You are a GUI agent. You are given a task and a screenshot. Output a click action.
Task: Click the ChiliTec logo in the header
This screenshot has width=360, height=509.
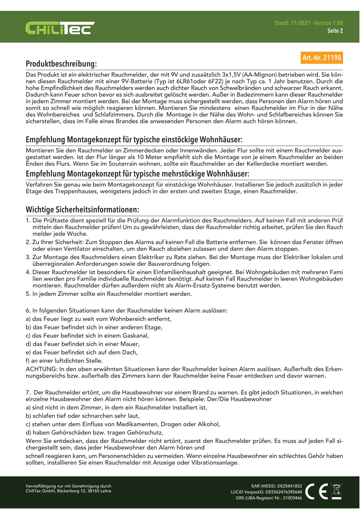pyautogui.click(x=60, y=28)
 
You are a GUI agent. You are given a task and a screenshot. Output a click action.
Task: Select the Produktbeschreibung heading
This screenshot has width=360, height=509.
pyautogui.click(x=61, y=64)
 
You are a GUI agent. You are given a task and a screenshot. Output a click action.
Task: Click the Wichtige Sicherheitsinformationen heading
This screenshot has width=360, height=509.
pyautogui.click(x=82, y=209)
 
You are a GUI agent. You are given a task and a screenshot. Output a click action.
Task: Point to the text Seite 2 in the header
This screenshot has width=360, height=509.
pyautogui.click(x=335, y=31)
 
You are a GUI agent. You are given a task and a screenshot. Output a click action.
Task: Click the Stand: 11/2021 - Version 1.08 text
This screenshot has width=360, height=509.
pyautogui.click(x=309, y=23)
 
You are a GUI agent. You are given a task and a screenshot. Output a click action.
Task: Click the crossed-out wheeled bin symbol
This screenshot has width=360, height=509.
pyautogui.click(x=336, y=491)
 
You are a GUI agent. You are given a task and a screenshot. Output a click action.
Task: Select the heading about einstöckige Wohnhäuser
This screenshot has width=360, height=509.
pyautogui.click(x=134, y=140)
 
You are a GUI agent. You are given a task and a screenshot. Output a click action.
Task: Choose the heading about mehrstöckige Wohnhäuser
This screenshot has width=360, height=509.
pyautogui.click(x=137, y=174)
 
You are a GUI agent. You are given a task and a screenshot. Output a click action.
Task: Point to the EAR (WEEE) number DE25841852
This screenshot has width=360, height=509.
pyautogui.click(x=290, y=486)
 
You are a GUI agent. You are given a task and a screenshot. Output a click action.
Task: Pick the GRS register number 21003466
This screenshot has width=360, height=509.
pyautogui.click(x=292, y=498)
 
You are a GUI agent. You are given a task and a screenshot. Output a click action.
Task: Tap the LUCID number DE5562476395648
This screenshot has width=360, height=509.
pyautogui.click(x=284, y=492)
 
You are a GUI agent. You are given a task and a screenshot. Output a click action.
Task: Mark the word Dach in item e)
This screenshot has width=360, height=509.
pyautogui.click(x=130, y=352)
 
